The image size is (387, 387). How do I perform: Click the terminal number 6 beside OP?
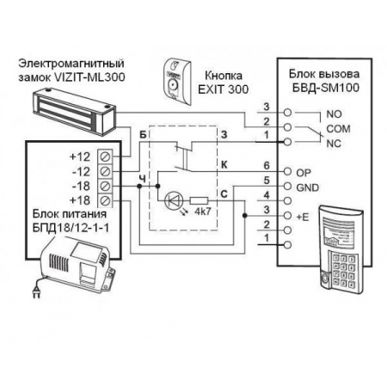point(267,165)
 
